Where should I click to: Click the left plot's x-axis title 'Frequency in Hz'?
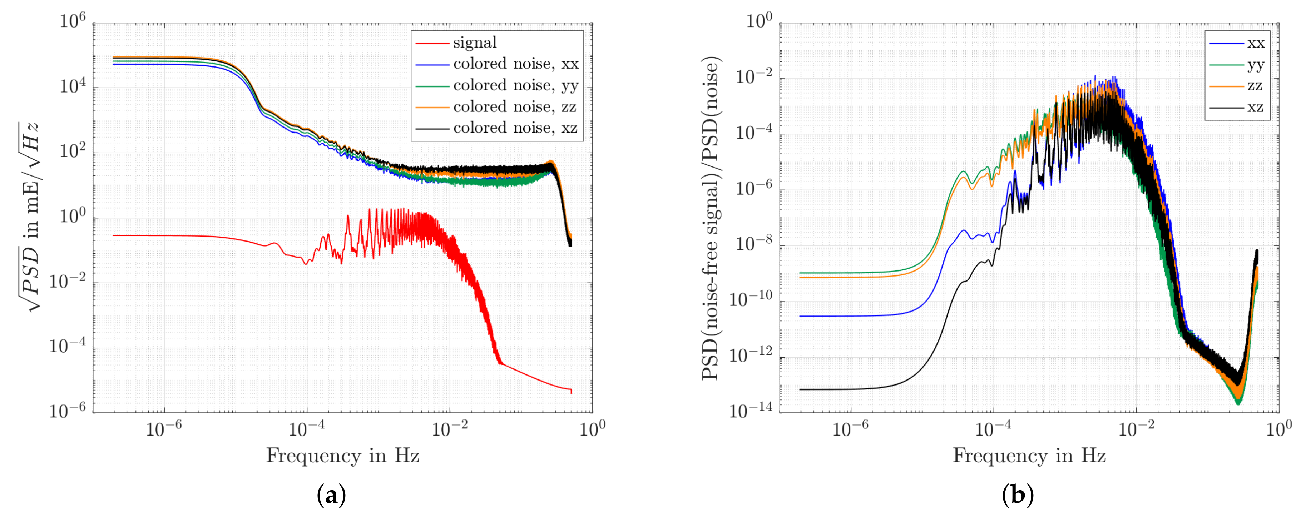tap(343, 456)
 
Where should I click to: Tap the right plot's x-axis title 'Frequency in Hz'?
tap(1029, 456)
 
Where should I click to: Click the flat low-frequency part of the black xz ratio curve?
tap(836, 389)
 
